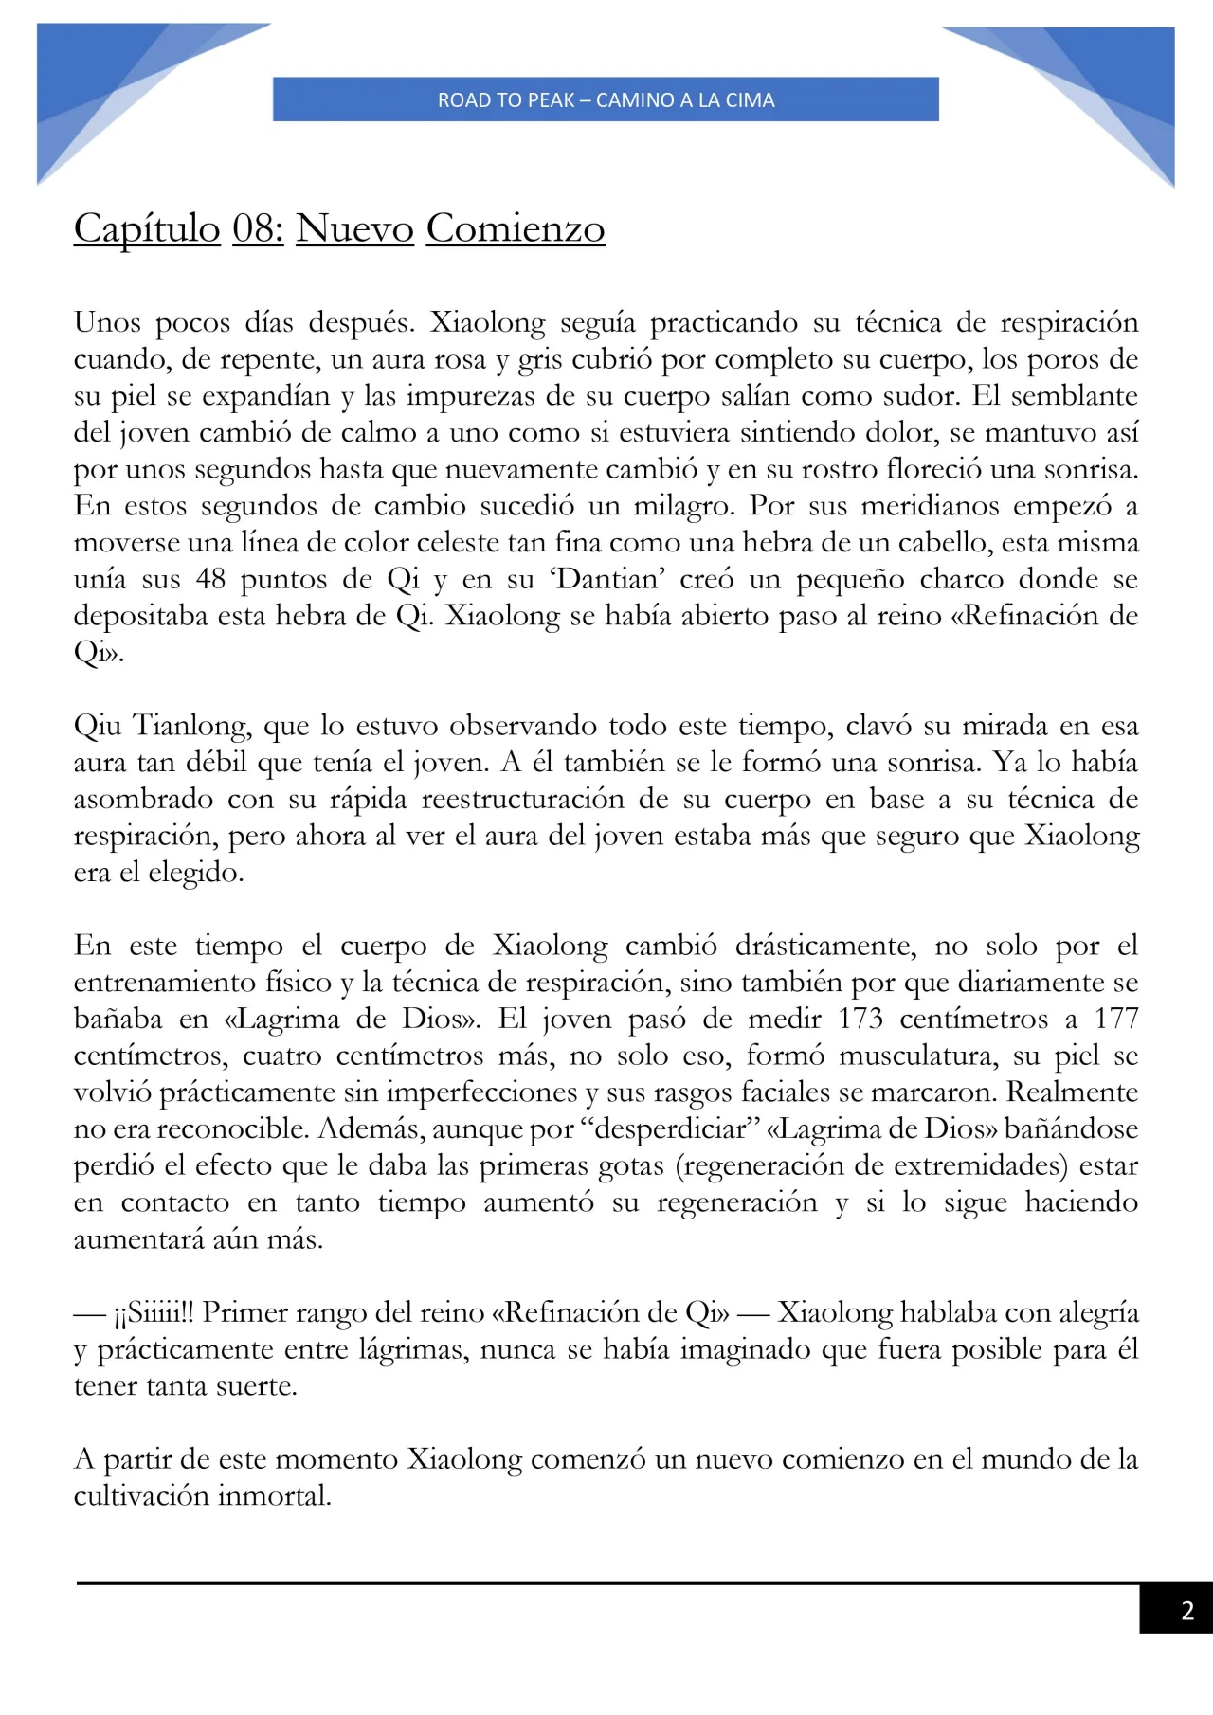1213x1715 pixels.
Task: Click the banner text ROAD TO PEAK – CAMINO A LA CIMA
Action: [606, 99]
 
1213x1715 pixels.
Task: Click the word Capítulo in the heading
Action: [147, 228]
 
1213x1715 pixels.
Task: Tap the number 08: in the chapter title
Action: [258, 228]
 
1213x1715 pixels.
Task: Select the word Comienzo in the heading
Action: [515, 228]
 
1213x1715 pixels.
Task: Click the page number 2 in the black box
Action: [1186, 1610]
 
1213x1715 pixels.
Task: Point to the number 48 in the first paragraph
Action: [210, 578]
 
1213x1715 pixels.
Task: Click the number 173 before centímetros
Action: [860, 1019]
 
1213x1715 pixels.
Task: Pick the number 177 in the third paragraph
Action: [1115, 1019]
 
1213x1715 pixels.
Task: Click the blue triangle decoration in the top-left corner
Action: [104, 85]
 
